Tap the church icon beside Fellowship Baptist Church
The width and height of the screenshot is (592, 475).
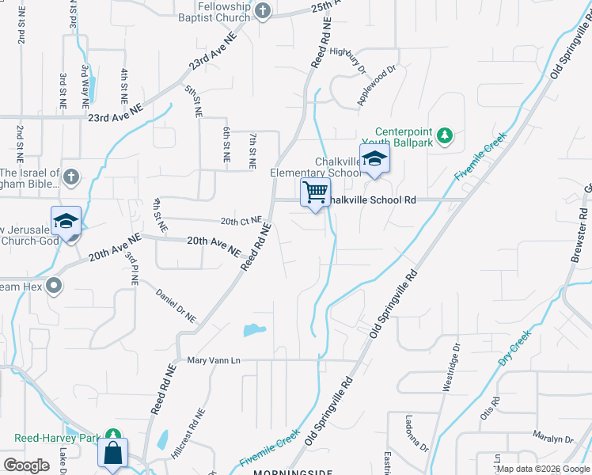(x=264, y=11)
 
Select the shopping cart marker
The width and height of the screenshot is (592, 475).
(x=315, y=192)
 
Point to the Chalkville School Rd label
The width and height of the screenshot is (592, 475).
(x=372, y=200)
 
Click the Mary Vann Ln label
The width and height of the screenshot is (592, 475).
(x=213, y=361)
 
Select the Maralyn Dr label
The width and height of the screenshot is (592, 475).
(x=552, y=439)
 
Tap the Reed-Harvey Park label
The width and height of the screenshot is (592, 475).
(x=59, y=437)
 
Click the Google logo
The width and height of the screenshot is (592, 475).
(x=26, y=465)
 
